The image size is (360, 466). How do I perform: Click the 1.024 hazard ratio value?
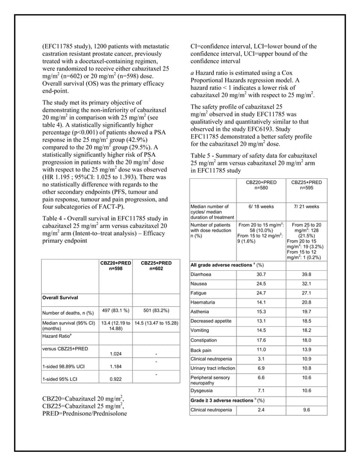(x=116, y=354)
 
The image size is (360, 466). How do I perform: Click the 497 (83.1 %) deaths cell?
(x=116, y=310)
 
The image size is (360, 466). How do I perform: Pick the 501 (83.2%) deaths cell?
(x=155, y=310)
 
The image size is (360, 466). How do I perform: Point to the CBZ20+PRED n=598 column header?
(x=116, y=266)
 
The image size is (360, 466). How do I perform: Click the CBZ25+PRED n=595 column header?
(x=306, y=185)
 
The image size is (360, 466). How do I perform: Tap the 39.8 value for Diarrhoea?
(x=306, y=274)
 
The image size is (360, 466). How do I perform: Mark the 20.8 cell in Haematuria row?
(x=306, y=303)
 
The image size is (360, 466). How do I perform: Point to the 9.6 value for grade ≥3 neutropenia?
(x=306, y=410)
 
